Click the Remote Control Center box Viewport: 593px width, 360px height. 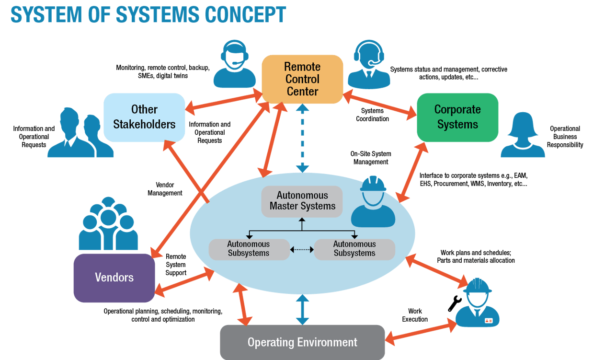[302, 79]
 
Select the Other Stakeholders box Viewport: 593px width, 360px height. [144, 117]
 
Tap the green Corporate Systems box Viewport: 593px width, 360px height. [457, 117]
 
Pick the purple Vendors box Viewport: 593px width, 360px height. [114, 278]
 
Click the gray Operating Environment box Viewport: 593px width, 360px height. [302, 342]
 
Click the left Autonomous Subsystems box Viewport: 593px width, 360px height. [249, 249]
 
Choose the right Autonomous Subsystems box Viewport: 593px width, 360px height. [354, 249]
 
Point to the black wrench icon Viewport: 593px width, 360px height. [454, 303]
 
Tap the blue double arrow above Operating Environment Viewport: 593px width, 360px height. [301, 310]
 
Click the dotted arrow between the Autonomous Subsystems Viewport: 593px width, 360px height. [302, 249]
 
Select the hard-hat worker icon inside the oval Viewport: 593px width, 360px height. [373, 202]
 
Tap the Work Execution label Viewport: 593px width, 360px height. [415, 315]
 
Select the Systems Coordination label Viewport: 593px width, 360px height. [372, 115]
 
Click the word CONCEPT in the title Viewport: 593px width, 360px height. [245, 14]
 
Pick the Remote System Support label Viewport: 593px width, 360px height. [175, 265]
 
